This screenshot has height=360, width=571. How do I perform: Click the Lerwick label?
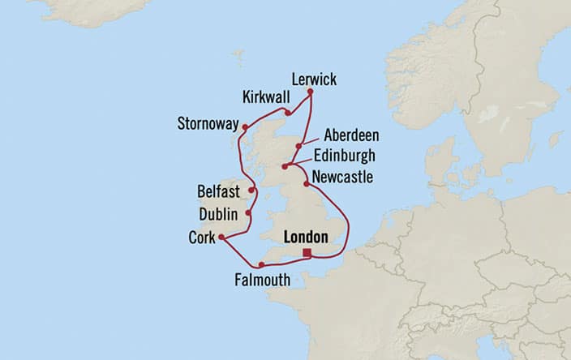coord(313,79)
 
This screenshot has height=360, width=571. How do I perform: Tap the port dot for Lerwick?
coord(310,93)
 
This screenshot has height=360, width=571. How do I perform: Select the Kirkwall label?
coord(265,97)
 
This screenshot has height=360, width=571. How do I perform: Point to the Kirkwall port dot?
coord(288,113)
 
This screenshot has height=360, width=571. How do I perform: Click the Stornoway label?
coord(208,125)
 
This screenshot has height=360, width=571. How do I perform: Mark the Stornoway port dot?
coord(245,126)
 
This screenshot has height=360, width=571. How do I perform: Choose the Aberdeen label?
coord(350,135)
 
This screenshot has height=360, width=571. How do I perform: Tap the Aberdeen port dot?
coord(299,147)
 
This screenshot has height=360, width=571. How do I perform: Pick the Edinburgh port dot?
coord(285,167)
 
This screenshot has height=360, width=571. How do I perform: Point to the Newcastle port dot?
coord(307,185)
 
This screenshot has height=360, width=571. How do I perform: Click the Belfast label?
coord(218,192)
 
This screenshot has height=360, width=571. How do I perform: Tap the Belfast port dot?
coord(252,191)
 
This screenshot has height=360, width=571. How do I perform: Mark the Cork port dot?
coord(221,238)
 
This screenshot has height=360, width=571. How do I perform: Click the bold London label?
coord(306,238)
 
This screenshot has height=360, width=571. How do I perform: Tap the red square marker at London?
coord(307,253)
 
